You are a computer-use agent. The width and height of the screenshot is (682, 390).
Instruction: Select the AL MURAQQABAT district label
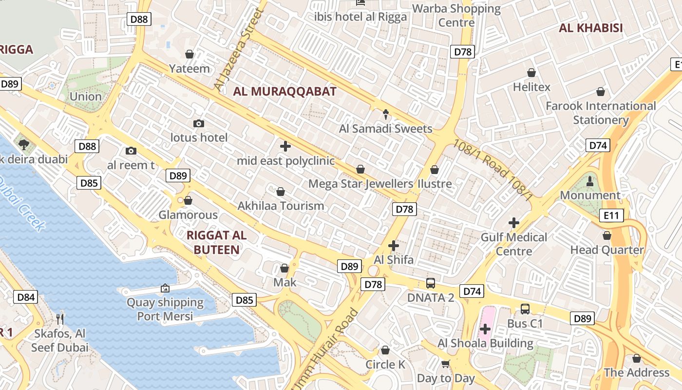coord(284,91)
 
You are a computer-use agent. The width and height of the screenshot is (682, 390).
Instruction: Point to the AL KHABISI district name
coord(590,28)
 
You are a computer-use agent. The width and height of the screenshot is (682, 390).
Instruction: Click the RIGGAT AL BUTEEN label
coord(217,242)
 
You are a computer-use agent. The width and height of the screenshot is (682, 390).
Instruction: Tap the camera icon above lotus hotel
coord(199,123)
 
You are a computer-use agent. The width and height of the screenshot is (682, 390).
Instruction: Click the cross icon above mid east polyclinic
coord(285,146)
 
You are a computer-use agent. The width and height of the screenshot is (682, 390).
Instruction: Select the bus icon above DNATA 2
coord(431,283)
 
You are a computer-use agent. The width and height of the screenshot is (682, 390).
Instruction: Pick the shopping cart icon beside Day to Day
coord(445,364)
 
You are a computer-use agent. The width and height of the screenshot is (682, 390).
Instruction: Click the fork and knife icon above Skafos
coord(60,319)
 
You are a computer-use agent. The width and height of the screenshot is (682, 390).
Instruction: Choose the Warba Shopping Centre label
coord(456,15)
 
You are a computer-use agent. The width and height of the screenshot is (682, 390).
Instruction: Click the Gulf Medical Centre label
coord(514,244)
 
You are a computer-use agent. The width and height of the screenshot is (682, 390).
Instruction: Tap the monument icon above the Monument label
coord(590,181)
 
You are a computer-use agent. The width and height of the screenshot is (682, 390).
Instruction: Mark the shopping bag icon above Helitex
coord(531,73)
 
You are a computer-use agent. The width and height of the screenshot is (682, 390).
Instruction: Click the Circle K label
coord(385,365)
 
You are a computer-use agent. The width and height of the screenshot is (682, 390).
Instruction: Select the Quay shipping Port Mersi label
coord(165,309)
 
